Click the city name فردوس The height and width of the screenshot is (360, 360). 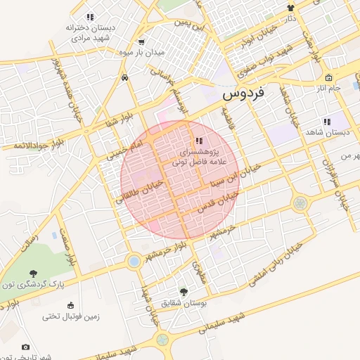pyautogui.click(x=243, y=92)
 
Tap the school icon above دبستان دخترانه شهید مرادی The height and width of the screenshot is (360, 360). pyautogui.click(x=90, y=17)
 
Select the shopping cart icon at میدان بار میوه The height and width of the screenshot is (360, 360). pyautogui.click(x=142, y=41)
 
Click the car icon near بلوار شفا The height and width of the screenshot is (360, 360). pyautogui.click(x=124, y=77)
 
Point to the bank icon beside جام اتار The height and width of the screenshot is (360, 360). pyautogui.click(x=328, y=77)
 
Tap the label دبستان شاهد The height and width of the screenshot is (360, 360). pyautogui.click(x=328, y=132)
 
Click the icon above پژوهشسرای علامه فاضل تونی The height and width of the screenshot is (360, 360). pyautogui.click(x=199, y=140)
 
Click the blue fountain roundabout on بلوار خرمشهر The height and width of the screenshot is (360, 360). pyautogui.click(x=133, y=262)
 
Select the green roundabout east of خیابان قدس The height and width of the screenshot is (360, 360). pyautogui.click(x=300, y=203)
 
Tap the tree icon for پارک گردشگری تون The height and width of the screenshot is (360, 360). pyautogui.click(x=32, y=273)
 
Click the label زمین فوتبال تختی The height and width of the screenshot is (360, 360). pyautogui.click(x=71, y=316)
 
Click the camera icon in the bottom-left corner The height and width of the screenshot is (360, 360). pyautogui.click(x=26, y=347)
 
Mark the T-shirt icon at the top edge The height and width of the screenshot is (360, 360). pyautogui.click(x=290, y=8)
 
